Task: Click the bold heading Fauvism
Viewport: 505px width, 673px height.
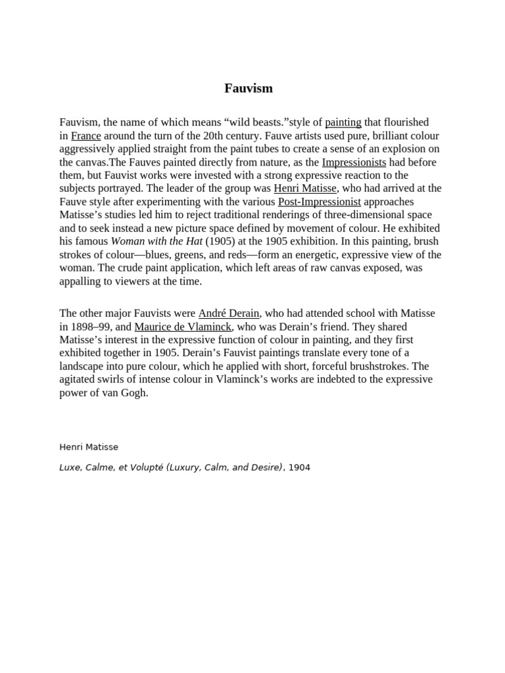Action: pos(249,88)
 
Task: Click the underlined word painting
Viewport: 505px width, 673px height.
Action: pos(343,122)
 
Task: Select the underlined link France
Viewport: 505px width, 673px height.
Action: pos(85,135)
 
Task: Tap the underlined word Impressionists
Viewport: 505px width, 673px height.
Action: pos(354,162)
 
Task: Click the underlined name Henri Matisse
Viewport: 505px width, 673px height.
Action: pos(305,189)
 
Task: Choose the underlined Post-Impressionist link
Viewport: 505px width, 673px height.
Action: pos(320,202)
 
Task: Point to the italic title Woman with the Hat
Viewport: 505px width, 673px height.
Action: pos(156,242)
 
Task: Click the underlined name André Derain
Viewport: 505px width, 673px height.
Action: pos(229,313)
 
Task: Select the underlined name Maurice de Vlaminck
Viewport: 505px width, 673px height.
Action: pos(183,327)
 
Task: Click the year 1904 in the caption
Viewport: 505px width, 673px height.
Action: pos(299,467)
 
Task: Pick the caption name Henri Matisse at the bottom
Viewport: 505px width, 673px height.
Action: pos(89,447)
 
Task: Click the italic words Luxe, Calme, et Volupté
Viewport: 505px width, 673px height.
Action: pos(110,467)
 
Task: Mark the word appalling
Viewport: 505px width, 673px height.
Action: pos(82,281)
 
